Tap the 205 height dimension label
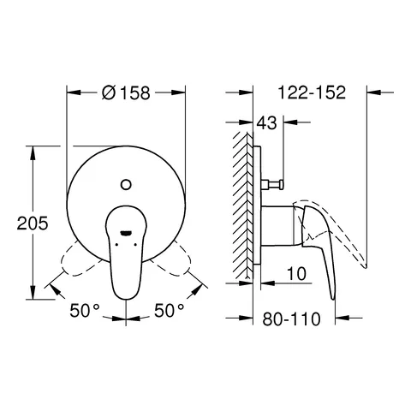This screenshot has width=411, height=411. pyautogui.click(x=32, y=221)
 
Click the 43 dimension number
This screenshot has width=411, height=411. pyautogui.click(x=268, y=125)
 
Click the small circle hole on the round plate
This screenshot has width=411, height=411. pyautogui.click(x=127, y=182)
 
